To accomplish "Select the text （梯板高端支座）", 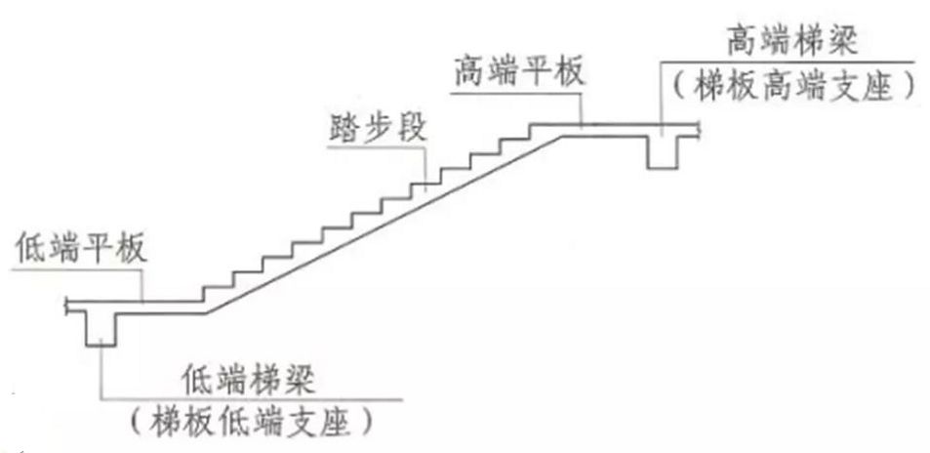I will [x=791, y=87].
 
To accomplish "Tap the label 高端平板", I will [x=517, y=73].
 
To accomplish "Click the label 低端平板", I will [x=81, y=248].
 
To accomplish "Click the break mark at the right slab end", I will [x=701, y=126].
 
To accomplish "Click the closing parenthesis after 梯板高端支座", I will [x=909, y=87].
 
